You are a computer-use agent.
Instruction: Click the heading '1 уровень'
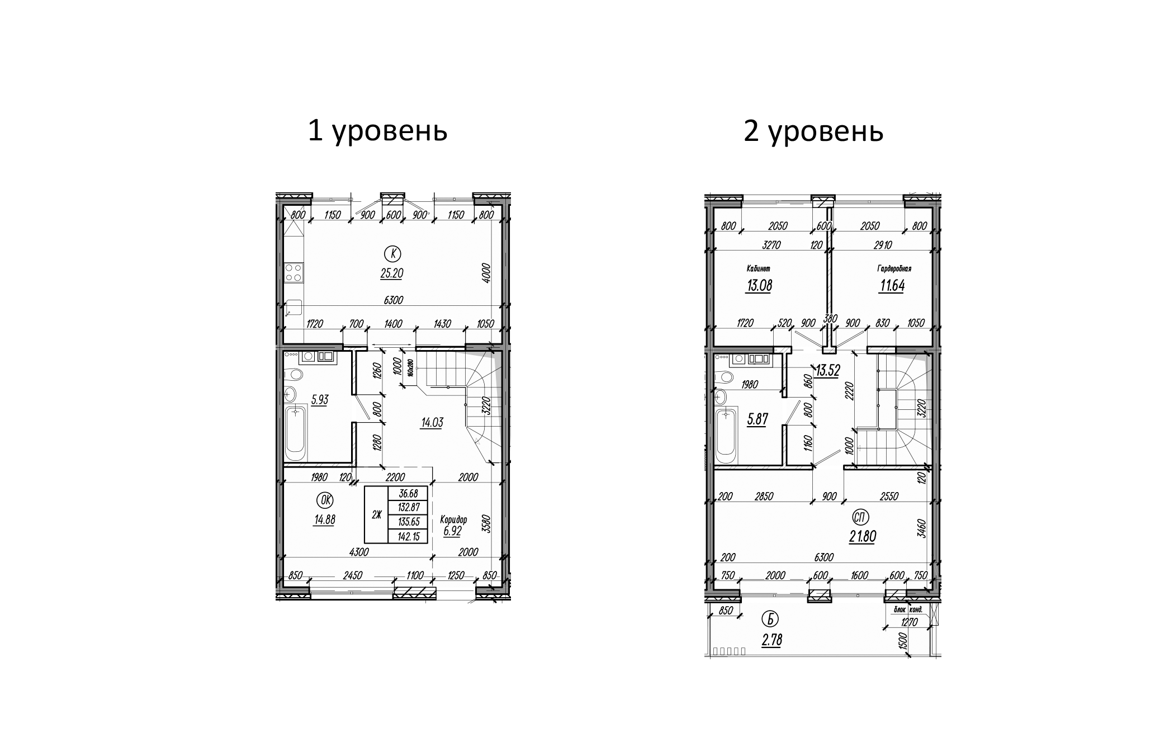[x=377, y=132]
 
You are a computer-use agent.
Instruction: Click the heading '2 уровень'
[x=813, y=132]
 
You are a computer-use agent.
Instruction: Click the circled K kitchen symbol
[x=393, y=254]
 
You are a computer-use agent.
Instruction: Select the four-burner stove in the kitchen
[x=293, y=272]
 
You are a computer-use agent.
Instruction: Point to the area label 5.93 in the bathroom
[x=320, y=400]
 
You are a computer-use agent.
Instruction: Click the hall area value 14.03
[x=432, y=423]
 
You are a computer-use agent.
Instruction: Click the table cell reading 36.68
[x=408, y=494]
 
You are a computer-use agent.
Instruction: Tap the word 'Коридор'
[x=453, y=519]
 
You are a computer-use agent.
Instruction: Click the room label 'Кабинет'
[x=758, y=269]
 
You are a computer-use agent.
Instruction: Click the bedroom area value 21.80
[x=862, y=537]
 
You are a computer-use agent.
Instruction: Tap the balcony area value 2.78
[x=771, y=640]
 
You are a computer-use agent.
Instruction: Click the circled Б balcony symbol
[x=771, y=620]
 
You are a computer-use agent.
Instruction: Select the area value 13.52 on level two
[x=827, y=371]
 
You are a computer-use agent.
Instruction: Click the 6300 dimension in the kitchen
[x=393, y=300]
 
